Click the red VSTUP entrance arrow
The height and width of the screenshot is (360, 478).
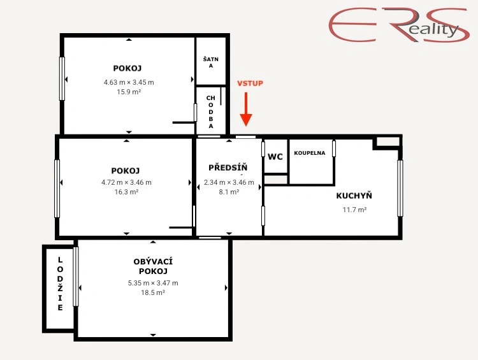point(246,110)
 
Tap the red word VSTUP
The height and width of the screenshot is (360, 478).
point(250,83)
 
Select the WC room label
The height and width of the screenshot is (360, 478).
point(275,157)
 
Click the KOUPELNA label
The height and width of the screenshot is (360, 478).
point(309,153)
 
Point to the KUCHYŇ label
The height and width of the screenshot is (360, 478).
point(354,196)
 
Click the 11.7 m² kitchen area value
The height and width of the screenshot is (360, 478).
point(354,210)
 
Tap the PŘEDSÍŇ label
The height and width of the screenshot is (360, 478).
point(228,168)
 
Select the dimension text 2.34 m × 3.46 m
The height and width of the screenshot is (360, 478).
point(229,182)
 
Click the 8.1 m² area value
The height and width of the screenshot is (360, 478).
point(229,192)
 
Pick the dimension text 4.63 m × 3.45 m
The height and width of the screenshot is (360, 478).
point(129,82)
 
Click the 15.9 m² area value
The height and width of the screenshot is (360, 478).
point(129,92)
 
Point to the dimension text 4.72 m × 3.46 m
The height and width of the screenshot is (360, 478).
point(126,182)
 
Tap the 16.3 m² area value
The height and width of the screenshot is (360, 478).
point(126,192)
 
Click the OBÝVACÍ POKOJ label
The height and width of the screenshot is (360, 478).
point(153,266)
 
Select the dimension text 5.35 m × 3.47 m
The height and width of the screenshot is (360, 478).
point(153,283)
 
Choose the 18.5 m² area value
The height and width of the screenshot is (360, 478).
point(153,292)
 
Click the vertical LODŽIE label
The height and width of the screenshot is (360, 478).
point(60,284)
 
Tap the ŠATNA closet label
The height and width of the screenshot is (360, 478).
point(211,62)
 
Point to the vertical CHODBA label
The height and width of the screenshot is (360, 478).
point(211,112)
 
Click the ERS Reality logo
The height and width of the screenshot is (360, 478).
point(399,25)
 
